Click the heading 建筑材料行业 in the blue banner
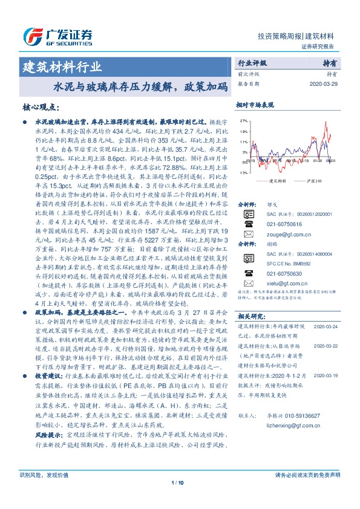(62, 66)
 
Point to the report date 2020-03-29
(326, 83)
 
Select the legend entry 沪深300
(319, 181)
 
